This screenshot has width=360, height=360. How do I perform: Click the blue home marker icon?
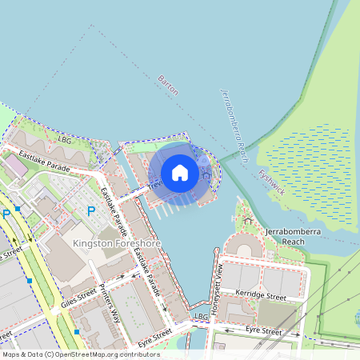click(180, 173)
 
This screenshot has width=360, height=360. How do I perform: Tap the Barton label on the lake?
click(168, 86)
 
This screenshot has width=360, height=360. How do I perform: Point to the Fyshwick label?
click(271, 182)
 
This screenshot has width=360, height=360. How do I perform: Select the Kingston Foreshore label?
click(117, 243)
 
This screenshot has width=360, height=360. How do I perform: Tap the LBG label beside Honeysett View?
click(201, 317)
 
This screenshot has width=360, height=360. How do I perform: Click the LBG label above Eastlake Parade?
click(65, 138)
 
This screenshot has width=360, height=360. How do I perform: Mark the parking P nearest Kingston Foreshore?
click(90, 211)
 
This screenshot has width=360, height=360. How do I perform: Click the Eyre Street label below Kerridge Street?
click(263, 330)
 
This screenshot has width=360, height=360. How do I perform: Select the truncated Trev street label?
click(155, 184)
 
